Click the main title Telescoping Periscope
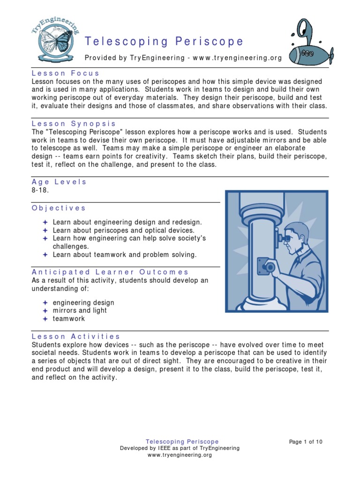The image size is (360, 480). tap(164, 41)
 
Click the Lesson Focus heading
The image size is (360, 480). tap(65, 73)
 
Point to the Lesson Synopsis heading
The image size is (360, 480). tap(74, 124)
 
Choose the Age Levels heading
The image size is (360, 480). tap(59, 182)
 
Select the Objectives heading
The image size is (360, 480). tap(59, 208)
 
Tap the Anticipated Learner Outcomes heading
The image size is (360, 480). tap(110, 272)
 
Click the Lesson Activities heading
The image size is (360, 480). tap(76, 336)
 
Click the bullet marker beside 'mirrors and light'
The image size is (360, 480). tap(45, 310)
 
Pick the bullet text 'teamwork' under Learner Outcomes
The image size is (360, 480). tap(69, 318)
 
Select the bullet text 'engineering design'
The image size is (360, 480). tap(83, 302)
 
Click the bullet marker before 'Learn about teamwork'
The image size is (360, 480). tap(45, 255)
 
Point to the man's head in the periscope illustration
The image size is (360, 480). tap(296, 237)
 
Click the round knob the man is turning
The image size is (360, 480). tap(270, 267)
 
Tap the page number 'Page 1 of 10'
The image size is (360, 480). tap(306, 442)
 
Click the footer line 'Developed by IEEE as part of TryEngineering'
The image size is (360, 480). tap(180, 448)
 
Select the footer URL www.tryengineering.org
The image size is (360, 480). tap(180, 455)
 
